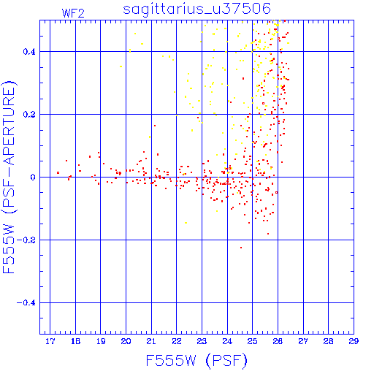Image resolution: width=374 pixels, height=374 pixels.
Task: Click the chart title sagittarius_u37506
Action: [196, 9]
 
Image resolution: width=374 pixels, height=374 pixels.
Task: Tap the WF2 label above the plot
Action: [73, 13]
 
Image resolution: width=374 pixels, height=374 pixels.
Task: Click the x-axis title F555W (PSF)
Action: [196, 360]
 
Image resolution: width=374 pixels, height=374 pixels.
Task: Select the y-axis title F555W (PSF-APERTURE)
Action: [9, 178]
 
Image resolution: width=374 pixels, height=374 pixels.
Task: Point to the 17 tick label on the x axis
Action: [50, 341]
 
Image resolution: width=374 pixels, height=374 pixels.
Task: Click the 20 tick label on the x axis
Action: [126, 341]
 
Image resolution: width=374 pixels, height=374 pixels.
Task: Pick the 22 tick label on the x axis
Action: [177, 341]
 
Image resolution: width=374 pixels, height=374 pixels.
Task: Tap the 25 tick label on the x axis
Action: [253, 341]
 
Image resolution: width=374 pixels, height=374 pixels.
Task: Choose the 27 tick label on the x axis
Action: [303, 341]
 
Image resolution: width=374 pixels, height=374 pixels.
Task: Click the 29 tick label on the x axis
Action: [354, 341]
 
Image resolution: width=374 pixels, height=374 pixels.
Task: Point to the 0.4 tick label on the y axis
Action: [29, 52]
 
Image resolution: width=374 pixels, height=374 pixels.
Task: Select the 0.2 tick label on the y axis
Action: [29, 115]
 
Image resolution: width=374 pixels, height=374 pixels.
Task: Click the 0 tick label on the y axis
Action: [33, 178]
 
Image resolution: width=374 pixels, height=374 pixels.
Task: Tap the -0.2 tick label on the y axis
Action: [26, 240]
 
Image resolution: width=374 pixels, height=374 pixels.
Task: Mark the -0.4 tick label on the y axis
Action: [26, 303]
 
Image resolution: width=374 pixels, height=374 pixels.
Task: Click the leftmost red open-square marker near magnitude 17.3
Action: [58, 172]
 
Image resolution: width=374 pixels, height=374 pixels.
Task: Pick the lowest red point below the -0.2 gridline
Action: [241, 248]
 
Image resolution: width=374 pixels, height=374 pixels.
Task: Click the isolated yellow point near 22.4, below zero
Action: [186, 223]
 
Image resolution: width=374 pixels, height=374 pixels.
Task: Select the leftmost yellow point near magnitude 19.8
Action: [121, 66]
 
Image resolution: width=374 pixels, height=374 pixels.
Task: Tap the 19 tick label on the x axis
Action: [101, 341]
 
